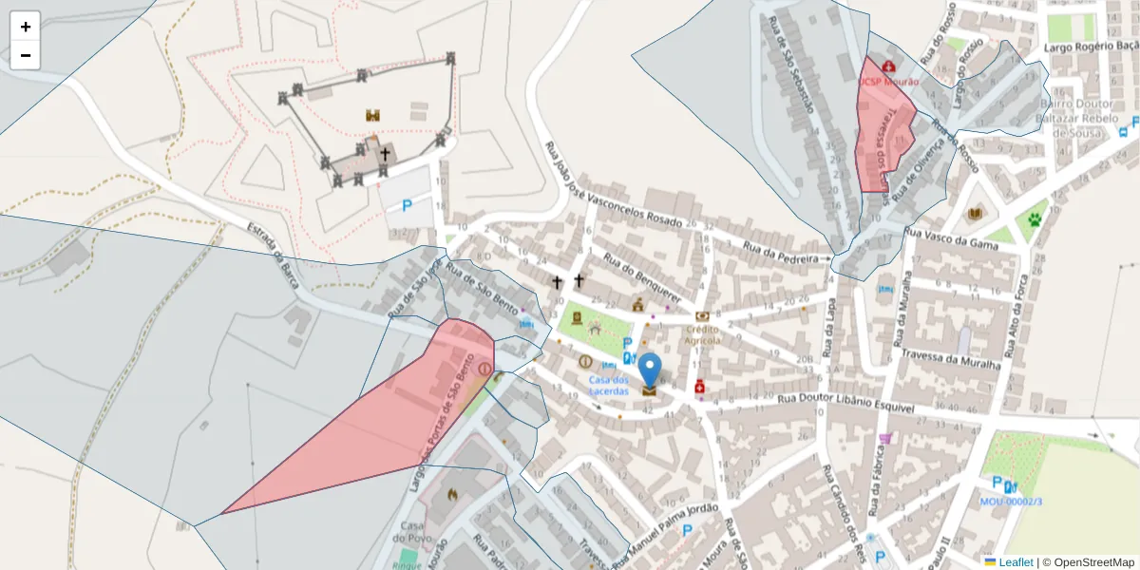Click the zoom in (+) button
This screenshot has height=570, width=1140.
tap(26, 27)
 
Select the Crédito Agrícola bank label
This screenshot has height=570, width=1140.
tap(703, 334)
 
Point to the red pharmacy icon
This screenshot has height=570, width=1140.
tap(700, 387)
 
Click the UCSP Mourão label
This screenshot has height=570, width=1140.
tap(889, 82)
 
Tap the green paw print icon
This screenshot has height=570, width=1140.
tap(1034, 220)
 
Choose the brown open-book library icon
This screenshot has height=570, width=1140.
tap(974, 214)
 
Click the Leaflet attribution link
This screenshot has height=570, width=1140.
tap(1016, 562)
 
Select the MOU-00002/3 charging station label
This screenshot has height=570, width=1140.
tap(1012, 502)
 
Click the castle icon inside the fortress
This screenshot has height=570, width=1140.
tap(373, 115)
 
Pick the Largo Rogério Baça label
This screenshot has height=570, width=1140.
tap(1091, 46)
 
